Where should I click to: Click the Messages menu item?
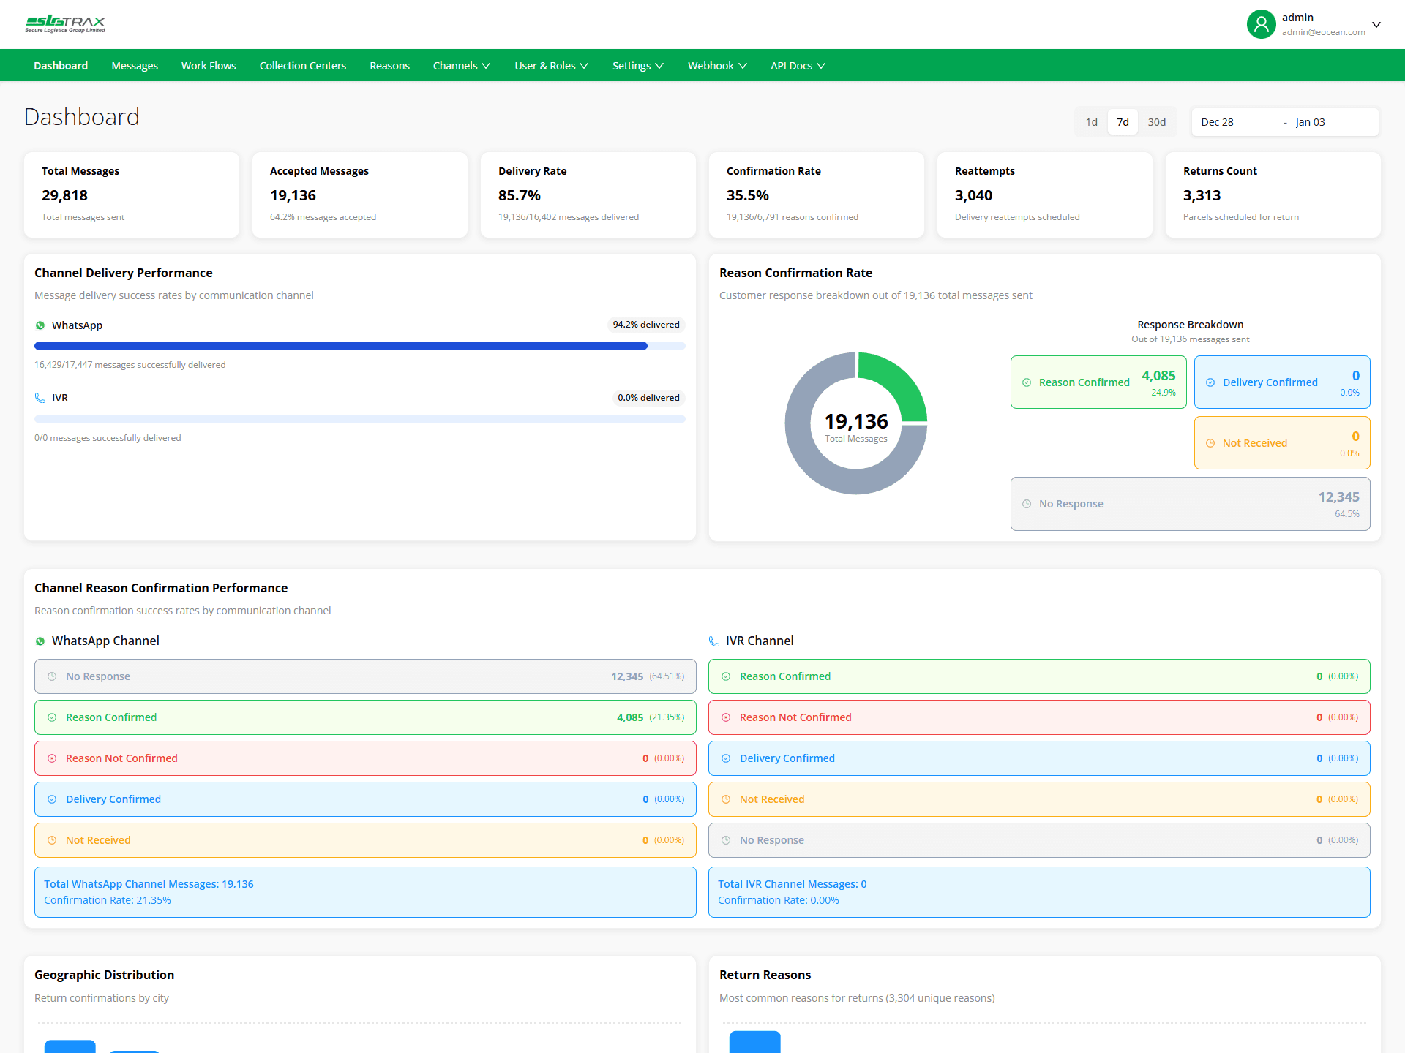[x=135, y=66]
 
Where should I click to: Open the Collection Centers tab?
[x=302, y=66]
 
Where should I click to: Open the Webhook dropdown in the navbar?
[x=716, y=66]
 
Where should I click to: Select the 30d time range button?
[x=1156, y=122]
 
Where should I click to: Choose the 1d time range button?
[x=1091, y=122]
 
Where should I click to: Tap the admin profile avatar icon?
[x=1261, y=24]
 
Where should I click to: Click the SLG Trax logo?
[x=65, y=24]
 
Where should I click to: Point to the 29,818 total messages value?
[x=64, y=195]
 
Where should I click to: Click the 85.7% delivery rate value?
[x=519, y=195]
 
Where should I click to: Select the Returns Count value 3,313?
[x=1202, y=195]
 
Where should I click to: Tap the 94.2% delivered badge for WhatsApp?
[x=645, y=325]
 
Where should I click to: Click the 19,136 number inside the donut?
[x=855, y=421]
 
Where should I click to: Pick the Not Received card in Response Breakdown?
[x=1281, y=443]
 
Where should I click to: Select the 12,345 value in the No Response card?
[x=1338, y=497]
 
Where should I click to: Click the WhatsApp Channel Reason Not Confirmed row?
[x=364, y=758]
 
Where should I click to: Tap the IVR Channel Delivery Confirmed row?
[x=1038, y=758]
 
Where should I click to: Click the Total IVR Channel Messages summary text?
[x=792, y=884]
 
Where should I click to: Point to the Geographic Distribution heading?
[x=104, y=975]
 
